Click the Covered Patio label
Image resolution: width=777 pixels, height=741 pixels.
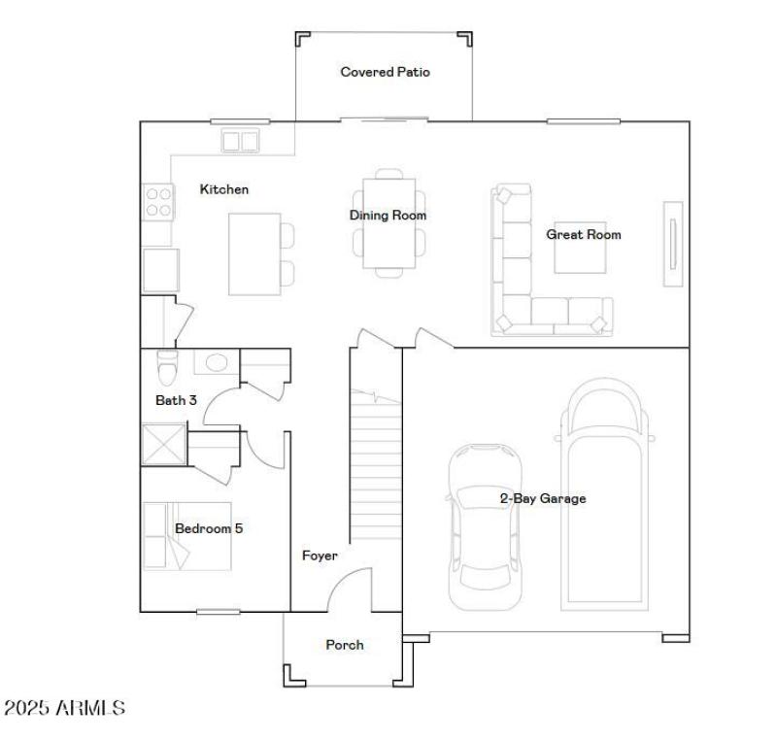pos(385,72)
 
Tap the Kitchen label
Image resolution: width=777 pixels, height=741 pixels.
pos(224,189)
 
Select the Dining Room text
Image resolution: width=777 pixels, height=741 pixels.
pos(388,216)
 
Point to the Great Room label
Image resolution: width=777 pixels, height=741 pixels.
pos(583,234)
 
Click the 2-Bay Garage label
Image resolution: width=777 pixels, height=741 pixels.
pos(543,498)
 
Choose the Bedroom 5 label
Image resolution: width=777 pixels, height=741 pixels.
pos(208,528)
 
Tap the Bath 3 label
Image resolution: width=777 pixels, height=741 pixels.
pos(170,400)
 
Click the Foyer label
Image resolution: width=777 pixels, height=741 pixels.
pos(320,556)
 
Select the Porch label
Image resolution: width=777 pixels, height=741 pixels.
pos(345,645)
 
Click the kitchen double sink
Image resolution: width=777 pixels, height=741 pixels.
pos(241,142)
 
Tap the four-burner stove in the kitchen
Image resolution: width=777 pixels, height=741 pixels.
pos(158,201)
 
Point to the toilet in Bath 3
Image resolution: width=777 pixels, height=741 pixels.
pos(167,367)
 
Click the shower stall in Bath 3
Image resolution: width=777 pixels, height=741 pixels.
pos(163,445)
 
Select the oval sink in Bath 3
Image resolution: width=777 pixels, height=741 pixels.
pos(215,362)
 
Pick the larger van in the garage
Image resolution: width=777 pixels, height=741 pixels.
pos(607,495)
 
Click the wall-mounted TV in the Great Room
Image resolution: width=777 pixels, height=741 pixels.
pos(672,244)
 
